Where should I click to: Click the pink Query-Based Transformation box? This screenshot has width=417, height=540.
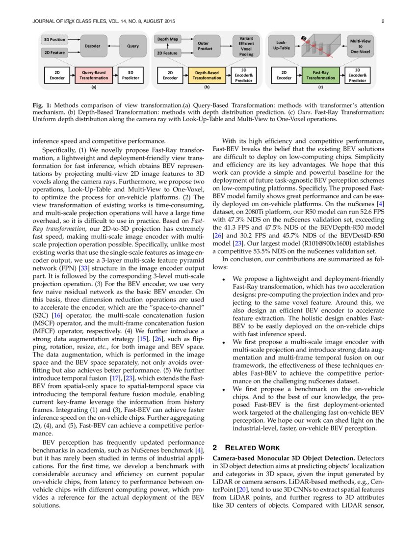tap(95, 75)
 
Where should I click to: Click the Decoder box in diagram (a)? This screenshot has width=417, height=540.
tap(92, 46)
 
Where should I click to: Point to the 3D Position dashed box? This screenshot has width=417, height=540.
tap(54, 39)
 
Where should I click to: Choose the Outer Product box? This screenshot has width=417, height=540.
tap(204, 46)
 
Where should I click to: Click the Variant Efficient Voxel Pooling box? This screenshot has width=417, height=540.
tap(246, 46)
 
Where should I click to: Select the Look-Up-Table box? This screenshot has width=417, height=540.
tap(282, 46)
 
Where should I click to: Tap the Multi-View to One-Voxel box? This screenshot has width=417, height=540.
tap(360, 46)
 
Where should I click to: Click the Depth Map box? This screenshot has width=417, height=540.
tap(167, 39)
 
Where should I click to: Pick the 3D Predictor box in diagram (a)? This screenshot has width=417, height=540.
tap(130, 75)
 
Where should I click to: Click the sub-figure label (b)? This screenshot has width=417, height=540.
tap(207, 87)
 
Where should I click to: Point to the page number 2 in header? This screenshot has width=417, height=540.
tap(382, 21)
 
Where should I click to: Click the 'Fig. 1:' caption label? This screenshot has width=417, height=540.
tap(41, 106)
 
